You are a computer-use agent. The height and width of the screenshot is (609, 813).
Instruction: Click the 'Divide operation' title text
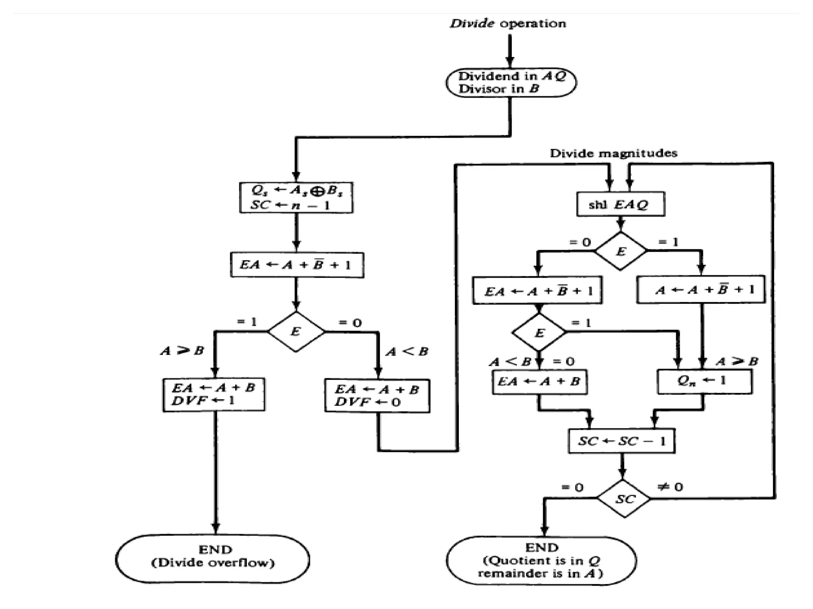coord(508,24)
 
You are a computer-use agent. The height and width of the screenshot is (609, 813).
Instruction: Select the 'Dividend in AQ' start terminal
coord(511,82)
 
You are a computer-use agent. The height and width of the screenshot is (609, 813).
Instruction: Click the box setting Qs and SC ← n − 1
coord(296,198)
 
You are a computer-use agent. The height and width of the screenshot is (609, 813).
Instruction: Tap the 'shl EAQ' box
coord(620,205)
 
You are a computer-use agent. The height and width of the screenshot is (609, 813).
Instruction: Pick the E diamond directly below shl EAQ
coord(621,251)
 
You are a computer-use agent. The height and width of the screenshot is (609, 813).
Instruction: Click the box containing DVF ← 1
coord(214,395)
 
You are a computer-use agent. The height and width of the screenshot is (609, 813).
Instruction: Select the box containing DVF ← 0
coord(377,396)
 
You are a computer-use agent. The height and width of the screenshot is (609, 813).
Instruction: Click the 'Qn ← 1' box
coord(704,381)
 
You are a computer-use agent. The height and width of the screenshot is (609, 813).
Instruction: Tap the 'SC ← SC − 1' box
coord(622,441)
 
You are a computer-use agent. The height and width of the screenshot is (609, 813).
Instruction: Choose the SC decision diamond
coord(624,499)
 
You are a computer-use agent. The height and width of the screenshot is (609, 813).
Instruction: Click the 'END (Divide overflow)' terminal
coord(213,559)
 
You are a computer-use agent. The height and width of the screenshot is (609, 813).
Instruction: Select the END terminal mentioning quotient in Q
coord(541,561)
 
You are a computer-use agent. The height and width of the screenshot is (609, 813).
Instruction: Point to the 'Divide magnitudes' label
coord(613,153)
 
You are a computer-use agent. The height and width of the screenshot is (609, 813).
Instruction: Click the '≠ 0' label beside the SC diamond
coord(670,487)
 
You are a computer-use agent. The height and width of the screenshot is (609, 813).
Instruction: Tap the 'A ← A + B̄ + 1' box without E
coord(701,290)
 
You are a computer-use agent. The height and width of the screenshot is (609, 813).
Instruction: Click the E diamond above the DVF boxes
coord(296,332)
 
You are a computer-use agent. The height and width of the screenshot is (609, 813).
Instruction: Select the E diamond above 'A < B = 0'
coord(539,333)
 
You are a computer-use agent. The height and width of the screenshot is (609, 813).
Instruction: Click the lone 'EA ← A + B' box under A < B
coord(539,382)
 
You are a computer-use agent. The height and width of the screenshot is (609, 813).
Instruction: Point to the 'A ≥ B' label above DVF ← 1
coord(182,351)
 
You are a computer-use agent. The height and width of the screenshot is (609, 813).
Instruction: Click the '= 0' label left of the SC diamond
coord(572,487)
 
